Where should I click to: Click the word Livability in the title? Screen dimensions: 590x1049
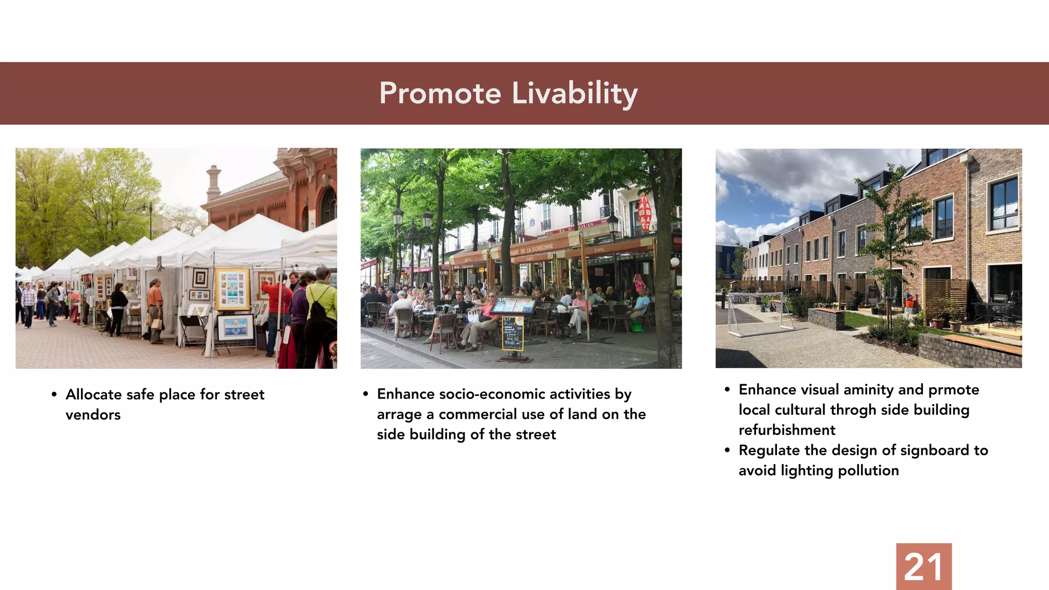[x=575, y=94]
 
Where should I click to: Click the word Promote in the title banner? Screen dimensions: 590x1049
[x=440, y=94]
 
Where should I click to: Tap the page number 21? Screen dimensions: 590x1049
[x=924, y=567]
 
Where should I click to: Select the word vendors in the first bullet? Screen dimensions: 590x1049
[x=93, y=415]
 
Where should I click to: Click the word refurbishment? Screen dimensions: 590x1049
[x=787, y=430]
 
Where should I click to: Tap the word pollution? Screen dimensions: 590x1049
[x=868, y=471]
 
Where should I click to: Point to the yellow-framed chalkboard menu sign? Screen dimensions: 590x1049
[x=513, y=333]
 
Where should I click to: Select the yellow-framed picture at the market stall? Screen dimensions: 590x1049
[x=232, y=289]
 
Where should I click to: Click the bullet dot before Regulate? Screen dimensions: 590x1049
[x=727, y=451]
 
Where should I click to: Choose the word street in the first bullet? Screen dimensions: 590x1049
[x=244, y=394]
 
